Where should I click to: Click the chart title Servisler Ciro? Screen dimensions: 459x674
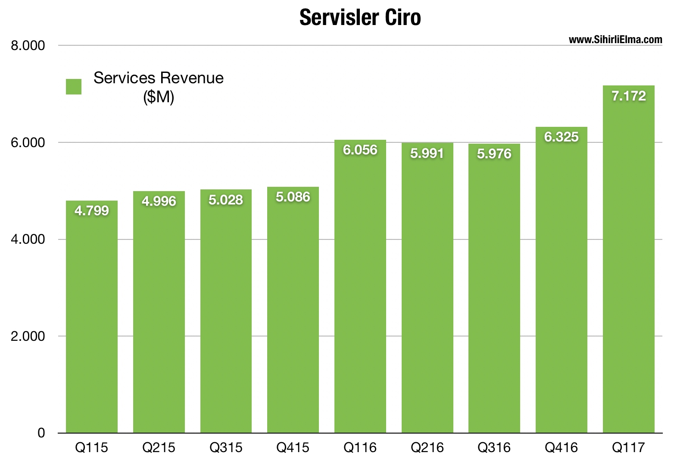360,18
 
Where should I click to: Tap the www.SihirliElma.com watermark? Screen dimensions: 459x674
615,40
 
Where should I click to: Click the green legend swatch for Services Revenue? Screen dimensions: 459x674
74,87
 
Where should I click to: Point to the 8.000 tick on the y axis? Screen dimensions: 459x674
28,45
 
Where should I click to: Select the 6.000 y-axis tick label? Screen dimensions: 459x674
28,142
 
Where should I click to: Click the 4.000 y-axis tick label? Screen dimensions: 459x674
28,239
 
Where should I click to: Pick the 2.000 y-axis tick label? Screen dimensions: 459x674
28,336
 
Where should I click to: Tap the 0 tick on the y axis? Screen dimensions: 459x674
41,433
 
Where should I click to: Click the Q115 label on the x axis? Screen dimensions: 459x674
92,448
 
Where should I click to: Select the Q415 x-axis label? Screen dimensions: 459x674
293,448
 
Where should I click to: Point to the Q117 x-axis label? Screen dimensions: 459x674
628,448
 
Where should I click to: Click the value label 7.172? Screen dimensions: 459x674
629,96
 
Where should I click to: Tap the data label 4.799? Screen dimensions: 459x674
92,211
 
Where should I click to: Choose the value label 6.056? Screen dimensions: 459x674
360,150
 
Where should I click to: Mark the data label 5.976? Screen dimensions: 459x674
494,154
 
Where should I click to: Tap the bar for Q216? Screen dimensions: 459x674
427,293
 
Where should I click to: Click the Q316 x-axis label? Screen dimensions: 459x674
494,448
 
